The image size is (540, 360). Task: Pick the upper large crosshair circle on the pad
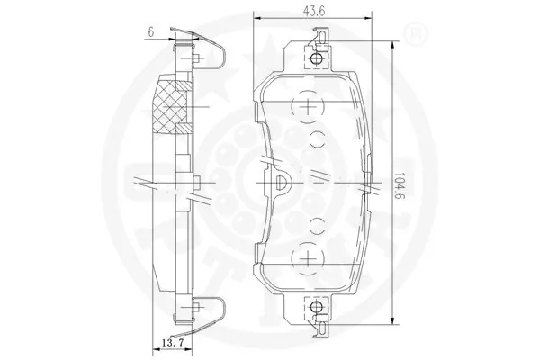pos(309,107)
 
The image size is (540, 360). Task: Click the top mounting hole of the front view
pos(316,59)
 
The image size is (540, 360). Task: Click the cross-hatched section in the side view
pos(175,108)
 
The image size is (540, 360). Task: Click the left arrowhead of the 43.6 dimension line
pos(256,15)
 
